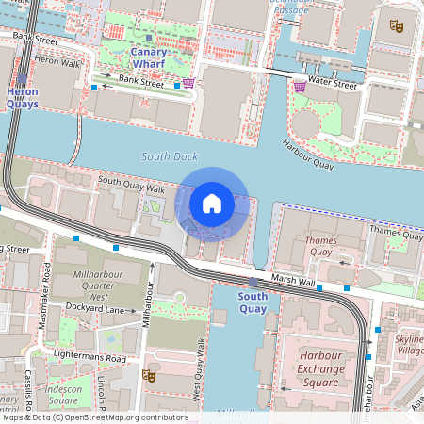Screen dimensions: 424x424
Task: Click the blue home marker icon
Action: click(212, 203)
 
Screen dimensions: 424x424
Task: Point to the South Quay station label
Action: click(253, 302)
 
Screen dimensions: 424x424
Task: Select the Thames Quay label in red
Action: click(319, 247)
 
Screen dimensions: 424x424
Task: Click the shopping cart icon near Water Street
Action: click(300, 86)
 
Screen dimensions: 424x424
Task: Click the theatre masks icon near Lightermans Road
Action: click(148, 376)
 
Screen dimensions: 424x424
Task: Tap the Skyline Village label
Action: click(409, 344)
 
